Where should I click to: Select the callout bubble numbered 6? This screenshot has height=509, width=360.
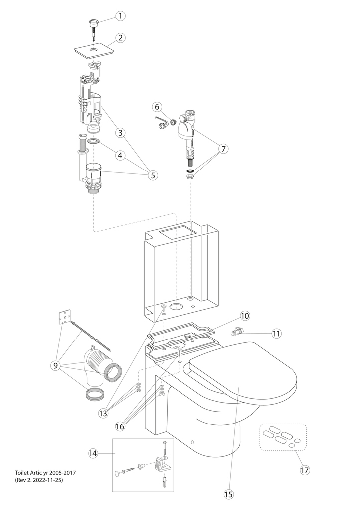point(156,107)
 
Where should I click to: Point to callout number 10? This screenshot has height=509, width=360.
point(245,315)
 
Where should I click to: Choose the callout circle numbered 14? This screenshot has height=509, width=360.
point(93,453)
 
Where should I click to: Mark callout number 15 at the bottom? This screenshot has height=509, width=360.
point(228,494)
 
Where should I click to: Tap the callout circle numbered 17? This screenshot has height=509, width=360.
point(304,469)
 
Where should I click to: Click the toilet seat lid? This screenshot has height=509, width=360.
point(244,378)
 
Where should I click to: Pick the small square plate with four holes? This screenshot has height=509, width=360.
point(63,317)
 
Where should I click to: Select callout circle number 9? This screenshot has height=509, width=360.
point(58,366)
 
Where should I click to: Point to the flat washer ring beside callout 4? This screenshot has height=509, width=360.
point(93,142)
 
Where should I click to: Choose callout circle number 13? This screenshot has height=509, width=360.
point(103,413)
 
